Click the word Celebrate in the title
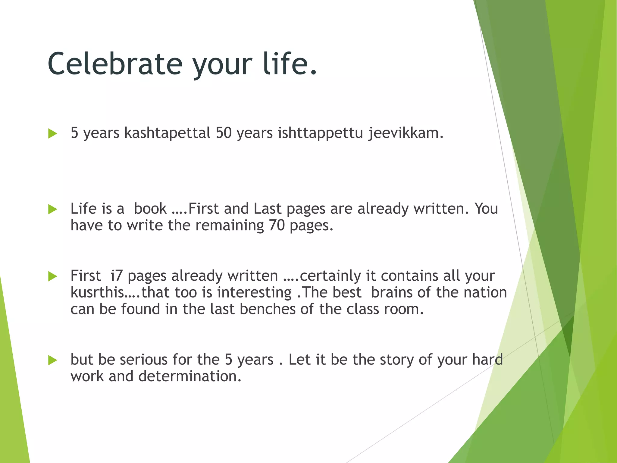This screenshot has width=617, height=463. coord(115,64)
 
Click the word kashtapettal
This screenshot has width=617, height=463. coord(167,133)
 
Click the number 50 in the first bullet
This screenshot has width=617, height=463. coord(224,133)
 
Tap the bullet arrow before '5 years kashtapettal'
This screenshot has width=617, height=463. coord(52,134)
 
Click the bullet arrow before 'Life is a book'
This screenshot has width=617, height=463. coord(52,209)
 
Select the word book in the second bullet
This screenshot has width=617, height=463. coord(150,209)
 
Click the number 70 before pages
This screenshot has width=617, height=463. coord(277,225)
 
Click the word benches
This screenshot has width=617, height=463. coord(268,309)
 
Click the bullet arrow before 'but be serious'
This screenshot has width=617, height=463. coord(52,360)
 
